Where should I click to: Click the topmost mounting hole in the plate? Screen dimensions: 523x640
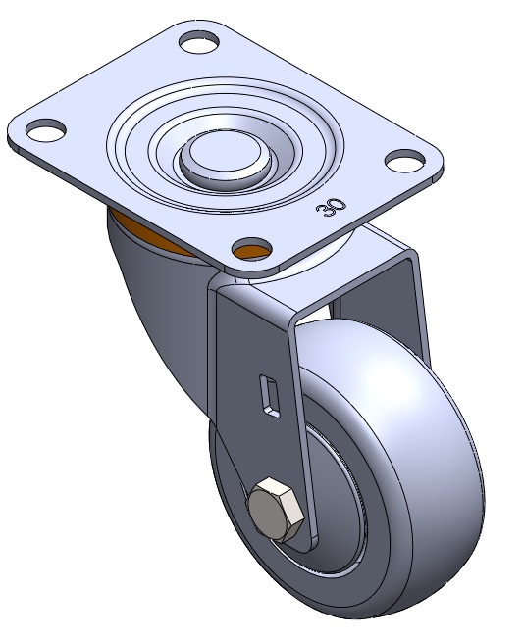click(x=199, y=41)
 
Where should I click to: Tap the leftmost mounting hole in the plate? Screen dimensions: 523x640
click(x=46, y=129)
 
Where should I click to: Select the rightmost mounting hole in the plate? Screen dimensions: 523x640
click(x=405, y=161)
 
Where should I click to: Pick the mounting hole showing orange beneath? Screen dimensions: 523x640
click(x=252, y=248)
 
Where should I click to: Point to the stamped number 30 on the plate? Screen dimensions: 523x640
click(x=331, y=208)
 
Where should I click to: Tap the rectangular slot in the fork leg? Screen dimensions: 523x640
click(x=270, y=396)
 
